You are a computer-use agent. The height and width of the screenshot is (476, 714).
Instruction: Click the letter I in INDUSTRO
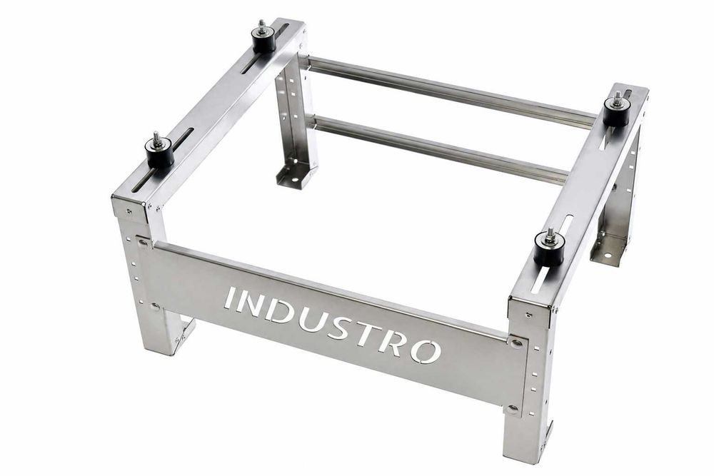click(230, 298)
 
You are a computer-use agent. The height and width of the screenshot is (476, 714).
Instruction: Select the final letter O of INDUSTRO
click(426, 351)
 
